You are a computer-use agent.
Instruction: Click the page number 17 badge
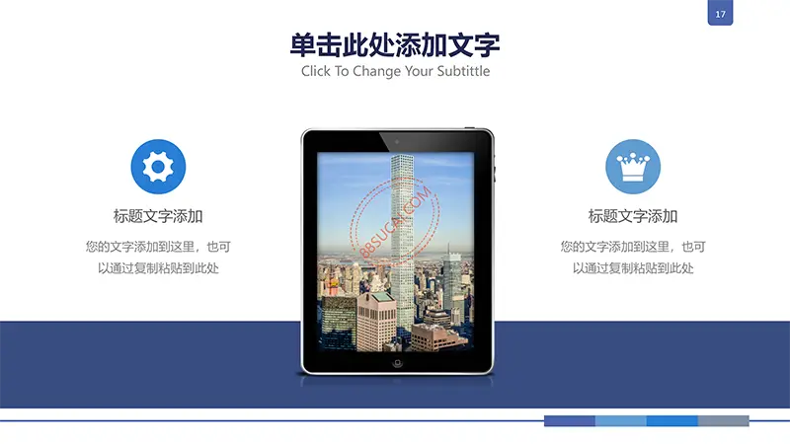click(x=720, y=13)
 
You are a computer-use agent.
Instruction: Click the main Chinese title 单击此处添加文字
click(x=395, y=45)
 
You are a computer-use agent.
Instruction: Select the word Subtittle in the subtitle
click(x=463, y=71)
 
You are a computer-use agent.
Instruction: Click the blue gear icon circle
click(x=158, y=167)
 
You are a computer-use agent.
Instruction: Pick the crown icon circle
click(x=633, y=167)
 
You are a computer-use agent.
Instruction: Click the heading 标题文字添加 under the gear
click(x=158, y=216)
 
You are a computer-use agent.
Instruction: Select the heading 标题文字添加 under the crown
click(x=633, y=216)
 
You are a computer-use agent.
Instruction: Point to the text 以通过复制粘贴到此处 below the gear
click(x=158, y=268)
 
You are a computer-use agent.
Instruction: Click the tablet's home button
click(x=397, y=362)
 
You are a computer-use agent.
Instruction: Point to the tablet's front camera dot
click(x=397, y=142)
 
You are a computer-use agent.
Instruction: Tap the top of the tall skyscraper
click(x=402, y=156)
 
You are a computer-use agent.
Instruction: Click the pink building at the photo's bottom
click(x=377, y=322)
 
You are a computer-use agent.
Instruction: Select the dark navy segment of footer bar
click(x=570, y=421)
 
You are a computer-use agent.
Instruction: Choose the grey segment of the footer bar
click(x=724, y=421)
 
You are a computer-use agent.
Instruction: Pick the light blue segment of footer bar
click(x=621, y=421)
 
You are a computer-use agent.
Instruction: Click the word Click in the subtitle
click(x=316, y=71)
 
